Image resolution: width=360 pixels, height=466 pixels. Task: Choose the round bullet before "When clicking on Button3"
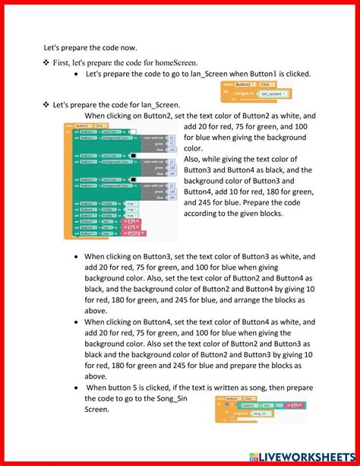(76, 258)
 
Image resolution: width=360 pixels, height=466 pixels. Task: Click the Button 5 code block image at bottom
(261, 408)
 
